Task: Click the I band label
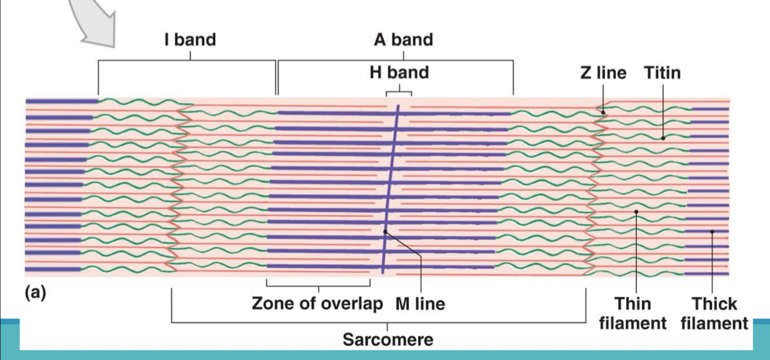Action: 190,40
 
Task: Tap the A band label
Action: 403,40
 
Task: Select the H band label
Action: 399,73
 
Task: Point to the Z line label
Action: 603,73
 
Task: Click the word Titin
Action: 662,73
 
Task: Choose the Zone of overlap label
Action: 317,303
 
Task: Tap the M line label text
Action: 420,303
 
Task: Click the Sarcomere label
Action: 387,339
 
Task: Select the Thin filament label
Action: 633,313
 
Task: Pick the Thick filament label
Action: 714,313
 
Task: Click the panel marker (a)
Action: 35,293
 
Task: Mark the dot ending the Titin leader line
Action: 663,138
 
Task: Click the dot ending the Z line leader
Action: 603,112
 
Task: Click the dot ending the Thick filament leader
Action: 712,232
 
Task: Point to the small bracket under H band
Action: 399,92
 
